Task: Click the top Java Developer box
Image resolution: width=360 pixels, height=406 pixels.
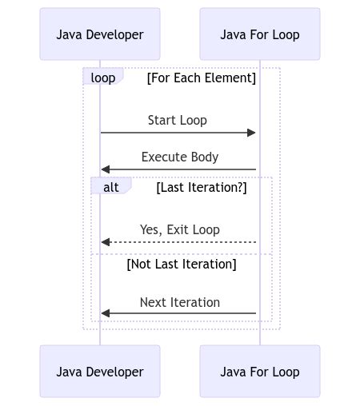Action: point(100,34)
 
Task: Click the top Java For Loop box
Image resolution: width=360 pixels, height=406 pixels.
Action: point(260,34)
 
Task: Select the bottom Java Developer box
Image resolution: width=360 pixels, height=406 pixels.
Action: point(100,372)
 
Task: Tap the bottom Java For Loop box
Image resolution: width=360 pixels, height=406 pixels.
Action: point(260,372)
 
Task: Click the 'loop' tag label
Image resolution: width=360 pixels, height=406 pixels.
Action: point(102,78)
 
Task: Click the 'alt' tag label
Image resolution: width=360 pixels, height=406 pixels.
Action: point(110,187)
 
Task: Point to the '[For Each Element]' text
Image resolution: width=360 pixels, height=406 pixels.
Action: point(202,78)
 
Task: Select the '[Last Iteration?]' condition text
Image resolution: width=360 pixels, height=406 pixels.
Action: point(202,188)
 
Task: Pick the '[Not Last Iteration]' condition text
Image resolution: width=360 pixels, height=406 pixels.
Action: point(182,264)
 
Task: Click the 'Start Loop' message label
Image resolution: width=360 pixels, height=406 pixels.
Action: point(178,121)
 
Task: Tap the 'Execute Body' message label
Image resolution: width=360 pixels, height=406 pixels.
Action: point(180,157)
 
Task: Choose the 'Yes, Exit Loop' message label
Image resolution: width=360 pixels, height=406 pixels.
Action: point(180,230)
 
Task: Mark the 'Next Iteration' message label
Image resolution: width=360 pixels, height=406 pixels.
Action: point(180,303)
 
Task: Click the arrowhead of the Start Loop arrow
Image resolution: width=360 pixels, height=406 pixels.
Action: point(252,133)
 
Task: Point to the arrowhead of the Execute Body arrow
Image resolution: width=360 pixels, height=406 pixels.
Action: point(105,169)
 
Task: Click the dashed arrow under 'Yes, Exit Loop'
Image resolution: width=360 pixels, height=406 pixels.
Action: point(180,242)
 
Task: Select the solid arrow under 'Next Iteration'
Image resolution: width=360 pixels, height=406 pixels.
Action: point(180,313)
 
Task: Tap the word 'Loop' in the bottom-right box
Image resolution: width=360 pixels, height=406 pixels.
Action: point(284,372)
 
